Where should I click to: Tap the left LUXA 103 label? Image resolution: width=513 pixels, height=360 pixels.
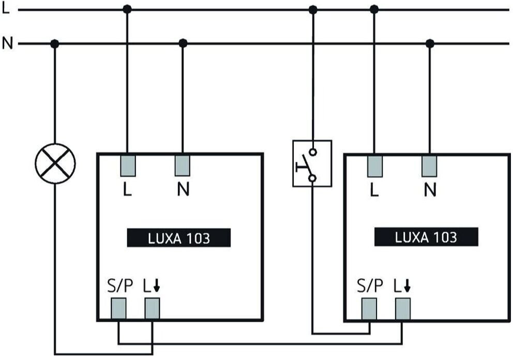(x=178, y=238)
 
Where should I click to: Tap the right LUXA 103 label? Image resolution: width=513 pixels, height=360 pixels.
(x=426, y=237)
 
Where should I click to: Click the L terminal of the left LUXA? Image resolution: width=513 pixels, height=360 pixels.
(x=128, y=166)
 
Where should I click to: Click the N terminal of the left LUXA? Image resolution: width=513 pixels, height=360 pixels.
(x=182, y=166)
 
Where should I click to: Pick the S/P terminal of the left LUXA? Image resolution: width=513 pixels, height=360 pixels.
(x=118, y=308)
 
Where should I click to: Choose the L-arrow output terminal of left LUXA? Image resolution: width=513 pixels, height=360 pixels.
(x=152, y=308)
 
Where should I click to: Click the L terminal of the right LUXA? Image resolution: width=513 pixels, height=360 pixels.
(x=374, y=166)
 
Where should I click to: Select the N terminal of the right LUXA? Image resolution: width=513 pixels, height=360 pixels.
(x=429, y=166)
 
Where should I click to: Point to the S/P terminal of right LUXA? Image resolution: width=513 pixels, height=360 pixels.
(x=369, y=309)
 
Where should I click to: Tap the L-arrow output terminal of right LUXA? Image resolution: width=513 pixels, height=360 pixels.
(x=403, y=309)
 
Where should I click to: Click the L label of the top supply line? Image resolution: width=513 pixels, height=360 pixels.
(x=6, y=9)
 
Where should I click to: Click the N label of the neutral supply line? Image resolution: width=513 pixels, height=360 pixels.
(x=7, y=43)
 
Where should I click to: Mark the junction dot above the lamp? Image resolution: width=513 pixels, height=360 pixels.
(x=55, y=43)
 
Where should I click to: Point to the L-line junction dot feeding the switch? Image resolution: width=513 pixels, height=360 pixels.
(x=313, y=10)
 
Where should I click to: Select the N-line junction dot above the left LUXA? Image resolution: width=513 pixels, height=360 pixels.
(x=183, y=43)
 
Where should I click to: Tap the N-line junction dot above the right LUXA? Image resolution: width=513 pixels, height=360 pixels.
(x=430, y=43)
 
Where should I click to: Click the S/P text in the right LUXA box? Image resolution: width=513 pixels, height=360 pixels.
(x=370, y=286)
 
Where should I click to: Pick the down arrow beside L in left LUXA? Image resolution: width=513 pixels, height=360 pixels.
(x=157, y=286)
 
